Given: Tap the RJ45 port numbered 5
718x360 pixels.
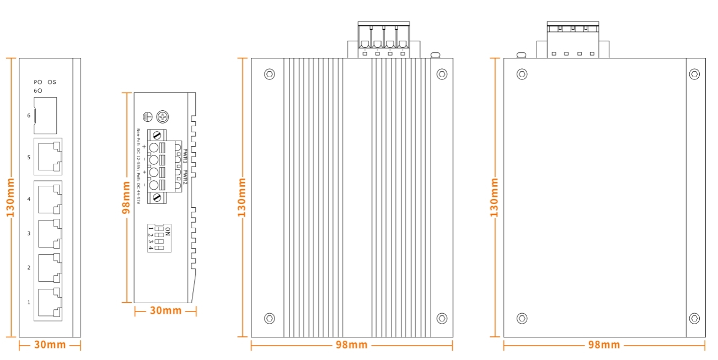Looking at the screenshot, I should (x=47, y=157).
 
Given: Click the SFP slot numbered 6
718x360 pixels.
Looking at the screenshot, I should (x=45, y=115).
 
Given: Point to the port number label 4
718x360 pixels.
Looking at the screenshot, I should (x=29, y=199).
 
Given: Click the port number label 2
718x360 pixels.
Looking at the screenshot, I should (x=29, y=268).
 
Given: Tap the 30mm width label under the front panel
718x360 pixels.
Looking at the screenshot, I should (x=50, y=345).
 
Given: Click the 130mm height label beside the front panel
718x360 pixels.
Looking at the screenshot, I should (x=10, y=197).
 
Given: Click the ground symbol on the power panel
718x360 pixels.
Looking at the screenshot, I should (x=147, y=117).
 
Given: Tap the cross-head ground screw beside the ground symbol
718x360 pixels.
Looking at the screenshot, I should (x=163, y=117).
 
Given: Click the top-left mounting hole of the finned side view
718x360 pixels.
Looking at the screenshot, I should (x=270, y=74).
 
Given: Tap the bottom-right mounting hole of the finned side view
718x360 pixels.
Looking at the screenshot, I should (x=442, y=318).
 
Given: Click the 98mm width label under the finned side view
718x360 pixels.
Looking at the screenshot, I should (x=351, y=345).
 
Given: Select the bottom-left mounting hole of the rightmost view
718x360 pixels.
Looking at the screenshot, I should (x=522, y=318).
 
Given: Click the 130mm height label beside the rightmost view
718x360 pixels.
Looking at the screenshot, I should (x=494, y=197).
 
